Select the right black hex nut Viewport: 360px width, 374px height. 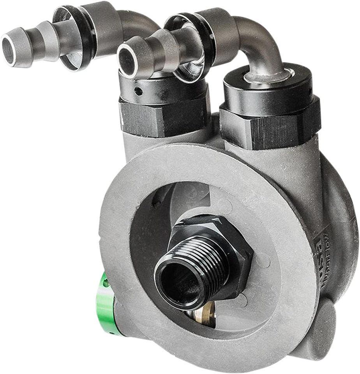tap(269, 125)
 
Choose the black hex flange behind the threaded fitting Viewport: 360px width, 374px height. tap(234, 249)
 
